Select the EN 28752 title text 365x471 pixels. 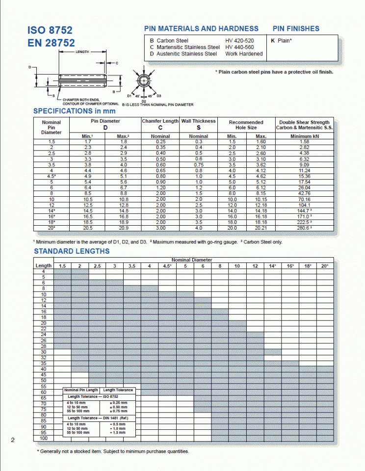tap(52, 43)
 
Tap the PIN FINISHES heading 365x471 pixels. tap(296, 28)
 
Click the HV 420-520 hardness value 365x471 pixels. tap(239, 41)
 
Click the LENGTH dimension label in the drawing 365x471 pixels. tap(82, 52)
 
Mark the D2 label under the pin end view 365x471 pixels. tap(144, 100)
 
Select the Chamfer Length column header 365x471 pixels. tap(160, 121)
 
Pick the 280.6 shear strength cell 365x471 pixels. tap(305, 228)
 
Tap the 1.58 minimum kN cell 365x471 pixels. tap(304, 142)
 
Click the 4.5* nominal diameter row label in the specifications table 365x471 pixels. tap(52, 176)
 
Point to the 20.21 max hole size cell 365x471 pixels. tap(261, 228)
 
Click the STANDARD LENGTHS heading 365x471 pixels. tap(72, 251)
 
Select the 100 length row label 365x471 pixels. tap(44, 438)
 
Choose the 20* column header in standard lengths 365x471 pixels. tap(325, 265)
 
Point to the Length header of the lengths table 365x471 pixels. tap(44, 265)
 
